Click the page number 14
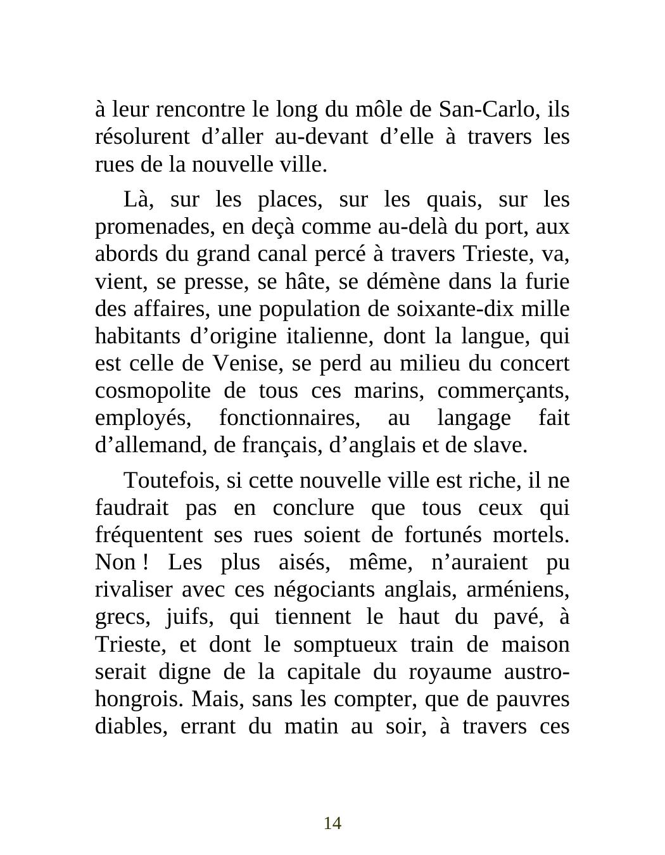pos(332,823)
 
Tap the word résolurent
pos(134,137)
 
